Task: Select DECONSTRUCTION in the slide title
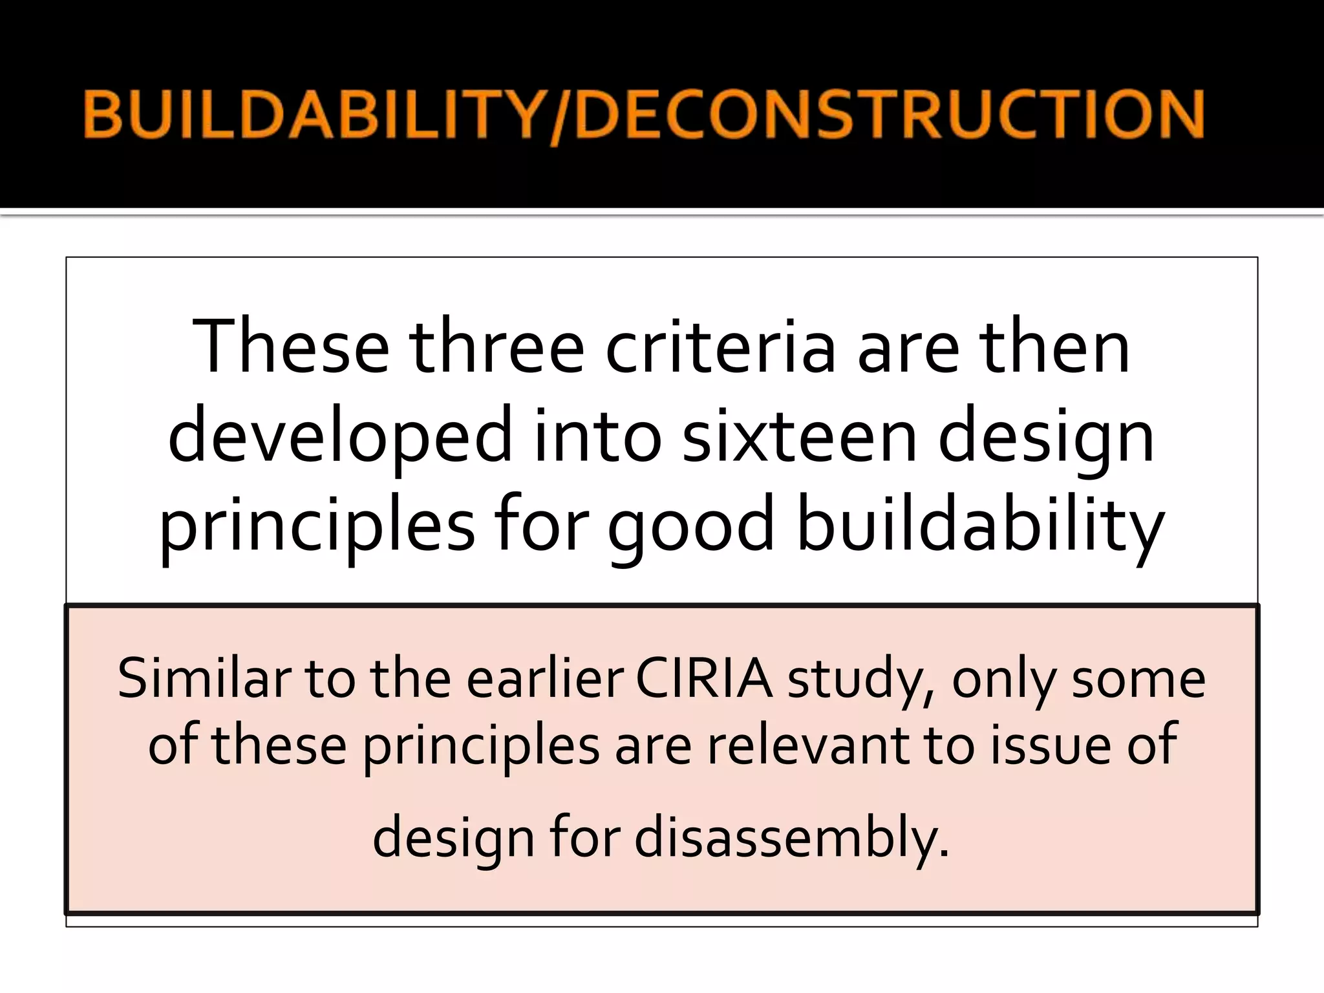pos(890,114)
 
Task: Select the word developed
pos(340,436)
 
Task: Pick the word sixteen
pos(799,436)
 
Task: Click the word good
pos(691,525)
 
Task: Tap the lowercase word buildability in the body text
pos(979,525)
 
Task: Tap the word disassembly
pos(791,838)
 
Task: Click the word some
pos(1138,679)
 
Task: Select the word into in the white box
pos(599,436)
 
